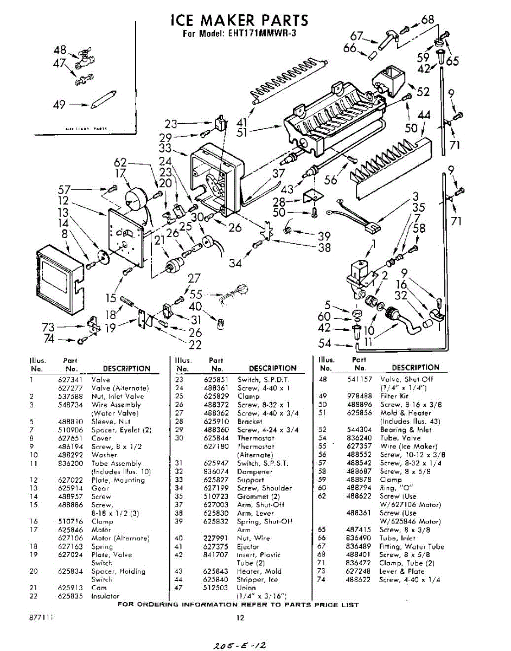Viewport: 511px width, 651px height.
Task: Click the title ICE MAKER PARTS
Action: [x=239, y=21]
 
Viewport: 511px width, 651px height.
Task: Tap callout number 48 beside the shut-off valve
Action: [x=60, y=50]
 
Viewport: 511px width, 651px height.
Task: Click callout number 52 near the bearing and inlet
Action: [x=423, y=92]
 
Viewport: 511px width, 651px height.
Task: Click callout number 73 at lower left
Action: [x=48, y=327]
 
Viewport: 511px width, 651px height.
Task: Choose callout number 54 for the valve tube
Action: [x=324, y=343]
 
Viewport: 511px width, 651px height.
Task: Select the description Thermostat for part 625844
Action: [x=255, y=438]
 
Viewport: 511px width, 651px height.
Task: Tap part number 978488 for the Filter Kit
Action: [x=359, y=396]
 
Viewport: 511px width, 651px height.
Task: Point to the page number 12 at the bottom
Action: [x=240, y=617]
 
